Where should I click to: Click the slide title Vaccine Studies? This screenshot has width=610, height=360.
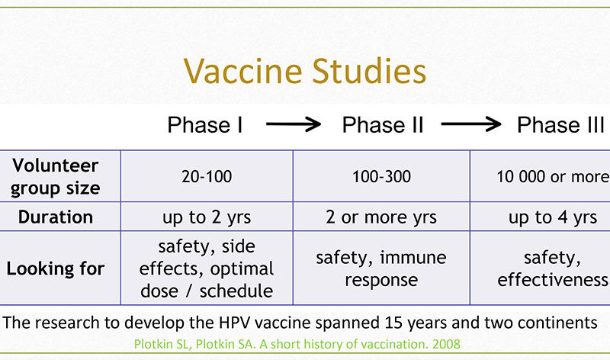[304, 71]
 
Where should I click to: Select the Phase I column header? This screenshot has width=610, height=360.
[205, 125]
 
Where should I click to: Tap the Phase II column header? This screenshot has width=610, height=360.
[383, 125]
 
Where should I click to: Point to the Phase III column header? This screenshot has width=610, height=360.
[560, 125]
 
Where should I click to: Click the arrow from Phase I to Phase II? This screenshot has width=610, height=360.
[294, 124]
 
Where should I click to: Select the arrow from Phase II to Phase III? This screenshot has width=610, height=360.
[471, 124]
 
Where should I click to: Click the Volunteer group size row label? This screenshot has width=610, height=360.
[55, 177]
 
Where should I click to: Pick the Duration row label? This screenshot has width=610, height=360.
[56, 217]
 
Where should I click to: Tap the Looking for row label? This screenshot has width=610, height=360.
[56, 269]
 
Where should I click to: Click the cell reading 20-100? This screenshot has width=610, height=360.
[207, 177]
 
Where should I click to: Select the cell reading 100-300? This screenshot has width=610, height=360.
[381, 177]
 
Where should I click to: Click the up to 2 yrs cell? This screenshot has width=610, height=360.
[207, 217]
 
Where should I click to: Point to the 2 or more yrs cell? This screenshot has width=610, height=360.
[381, 217]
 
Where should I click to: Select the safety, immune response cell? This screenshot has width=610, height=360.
[381, 268]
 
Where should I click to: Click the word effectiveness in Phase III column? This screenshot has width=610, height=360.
[553, 280]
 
